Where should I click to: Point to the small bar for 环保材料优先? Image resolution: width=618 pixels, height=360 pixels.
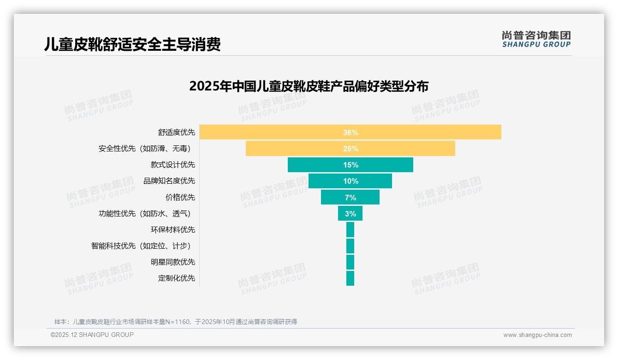tap(350, 229)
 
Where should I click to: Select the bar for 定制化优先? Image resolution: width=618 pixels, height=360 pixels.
tap(350, 278)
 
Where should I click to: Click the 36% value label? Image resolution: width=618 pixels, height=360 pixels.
tap(351, 132)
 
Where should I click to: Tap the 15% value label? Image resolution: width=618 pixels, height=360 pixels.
tap(351, 165)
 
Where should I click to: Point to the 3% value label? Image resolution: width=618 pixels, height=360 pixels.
tap(351, 214)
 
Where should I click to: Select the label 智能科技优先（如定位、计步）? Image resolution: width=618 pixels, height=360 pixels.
tap(141, 246)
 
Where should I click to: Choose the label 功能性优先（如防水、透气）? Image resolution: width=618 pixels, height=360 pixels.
tap(144, 213)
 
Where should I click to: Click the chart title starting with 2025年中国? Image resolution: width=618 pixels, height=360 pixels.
tap(309, 86)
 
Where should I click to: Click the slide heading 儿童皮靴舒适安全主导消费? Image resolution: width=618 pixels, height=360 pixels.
tap(132, 44)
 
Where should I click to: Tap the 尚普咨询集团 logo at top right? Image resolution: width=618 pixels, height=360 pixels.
tap(536, 39)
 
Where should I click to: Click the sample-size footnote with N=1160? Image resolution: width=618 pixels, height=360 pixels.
tap(176, 322)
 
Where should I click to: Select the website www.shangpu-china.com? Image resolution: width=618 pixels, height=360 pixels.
tap(537, 335)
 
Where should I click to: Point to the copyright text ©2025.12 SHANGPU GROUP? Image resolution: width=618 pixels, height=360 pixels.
tap(92, 335)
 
